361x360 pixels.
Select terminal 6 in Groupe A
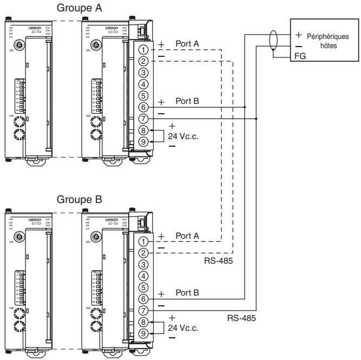pos(143,107)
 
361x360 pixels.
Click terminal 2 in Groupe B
pos(143,252)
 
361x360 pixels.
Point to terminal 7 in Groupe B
pos(143,311)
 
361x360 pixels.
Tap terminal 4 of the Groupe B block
pos(143,276)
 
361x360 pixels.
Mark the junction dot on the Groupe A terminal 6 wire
pos(245,107)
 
